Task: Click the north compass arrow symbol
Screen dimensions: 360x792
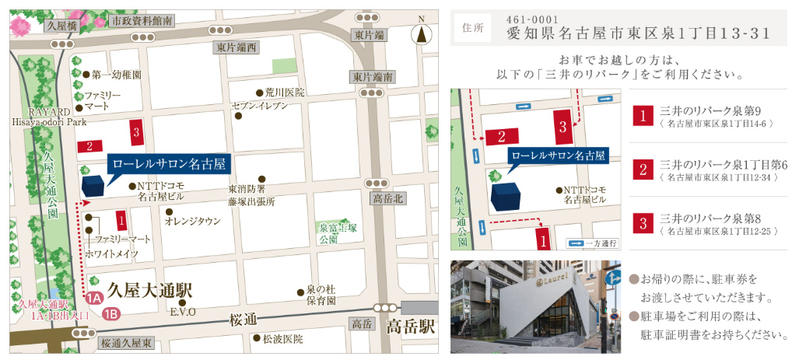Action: (x=421, y=33)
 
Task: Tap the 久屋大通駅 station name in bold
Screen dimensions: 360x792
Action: (x=151, y=291)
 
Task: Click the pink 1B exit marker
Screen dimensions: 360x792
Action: (x=111, y=314)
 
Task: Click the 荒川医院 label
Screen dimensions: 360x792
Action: (x=284, y=92)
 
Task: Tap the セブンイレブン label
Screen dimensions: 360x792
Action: (x=259, y=106)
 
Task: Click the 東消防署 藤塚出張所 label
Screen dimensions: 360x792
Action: (x=251, y=195)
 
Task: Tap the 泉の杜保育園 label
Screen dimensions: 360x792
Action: (x=320, y=293)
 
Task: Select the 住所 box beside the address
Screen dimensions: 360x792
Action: (x=472, y=28)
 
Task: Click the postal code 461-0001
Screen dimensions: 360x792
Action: (x=528, y=19)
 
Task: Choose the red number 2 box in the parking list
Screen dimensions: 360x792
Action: (x=643, y=168)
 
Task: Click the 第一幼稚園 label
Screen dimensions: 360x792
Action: (x=115, y=75)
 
